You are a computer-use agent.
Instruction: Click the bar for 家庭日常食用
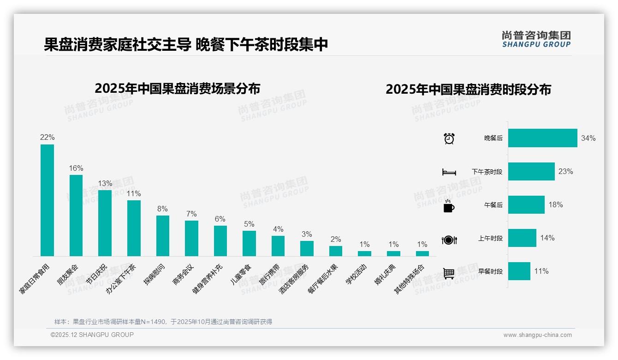point(47,200)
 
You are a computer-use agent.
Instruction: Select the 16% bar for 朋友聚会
point(76,216)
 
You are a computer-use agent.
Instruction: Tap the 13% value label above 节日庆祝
point(105,183)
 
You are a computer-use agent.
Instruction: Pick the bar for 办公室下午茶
point(134,228)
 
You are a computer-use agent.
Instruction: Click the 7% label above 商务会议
point(191,214)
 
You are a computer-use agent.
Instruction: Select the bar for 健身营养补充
point(220,241)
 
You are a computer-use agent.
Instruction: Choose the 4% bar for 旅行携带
point(278,246)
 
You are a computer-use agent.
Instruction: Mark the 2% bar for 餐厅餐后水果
point(336,251)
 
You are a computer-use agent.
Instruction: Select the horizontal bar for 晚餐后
point(542,138)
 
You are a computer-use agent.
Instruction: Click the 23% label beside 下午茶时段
point(565,171)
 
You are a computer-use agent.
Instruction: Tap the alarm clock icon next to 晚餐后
point(449,138)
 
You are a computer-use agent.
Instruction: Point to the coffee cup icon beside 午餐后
point(449,206)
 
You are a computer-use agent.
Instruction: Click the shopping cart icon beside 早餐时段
point(449,273)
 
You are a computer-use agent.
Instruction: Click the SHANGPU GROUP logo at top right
point(536,39)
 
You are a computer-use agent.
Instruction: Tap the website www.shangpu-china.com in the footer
point(537,335)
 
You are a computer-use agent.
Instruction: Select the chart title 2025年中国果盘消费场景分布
point(178,89)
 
